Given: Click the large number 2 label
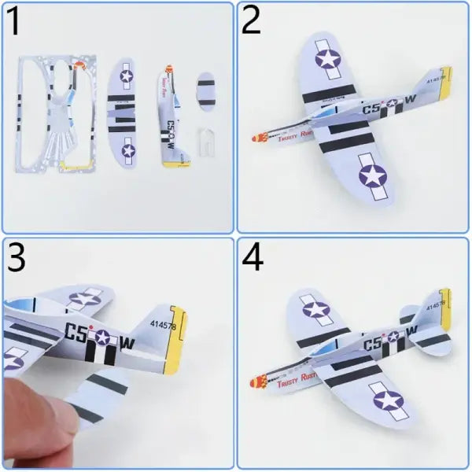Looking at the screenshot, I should click(252, 21).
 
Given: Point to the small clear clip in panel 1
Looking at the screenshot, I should click(206, 145).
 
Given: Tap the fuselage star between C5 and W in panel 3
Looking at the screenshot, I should click(102, 338).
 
